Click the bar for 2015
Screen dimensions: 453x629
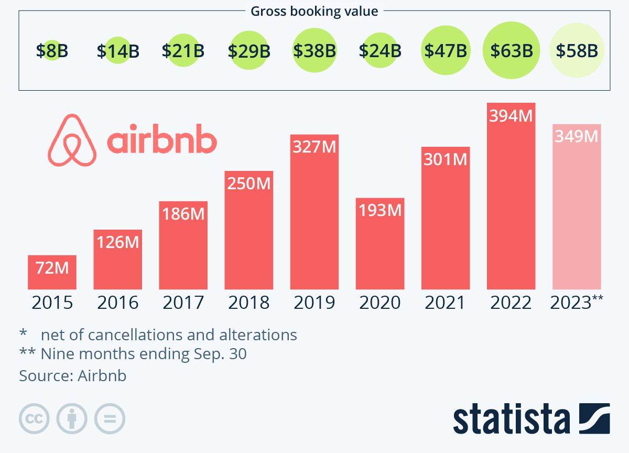(52, 273)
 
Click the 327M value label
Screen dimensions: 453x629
(314, 147)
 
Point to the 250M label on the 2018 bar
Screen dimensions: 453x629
(248, 184)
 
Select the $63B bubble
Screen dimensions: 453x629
(511, 51)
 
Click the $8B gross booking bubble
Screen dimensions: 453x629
(52, 51)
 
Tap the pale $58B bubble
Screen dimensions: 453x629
(577, 51)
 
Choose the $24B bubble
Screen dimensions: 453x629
(380, 51)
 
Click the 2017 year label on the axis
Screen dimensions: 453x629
(183, 303)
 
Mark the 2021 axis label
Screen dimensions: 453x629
(445, 303)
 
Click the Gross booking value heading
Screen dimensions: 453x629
(314, 11)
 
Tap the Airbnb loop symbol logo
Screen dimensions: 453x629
(72, 140)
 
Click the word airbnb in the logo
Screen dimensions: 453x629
(162, 140)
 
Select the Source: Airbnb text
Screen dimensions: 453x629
(73, 375)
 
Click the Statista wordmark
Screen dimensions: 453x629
(512, 419)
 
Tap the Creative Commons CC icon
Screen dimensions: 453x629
(34, 419)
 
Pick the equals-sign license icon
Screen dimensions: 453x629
(110, 419)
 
